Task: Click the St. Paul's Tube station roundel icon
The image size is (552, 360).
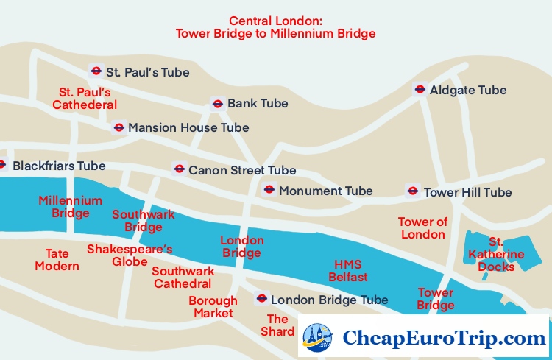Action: (96, 71)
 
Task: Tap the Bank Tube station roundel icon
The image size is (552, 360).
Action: (217, 103)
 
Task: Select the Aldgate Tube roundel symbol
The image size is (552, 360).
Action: (420, 90)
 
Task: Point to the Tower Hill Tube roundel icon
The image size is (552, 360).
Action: (413, 191)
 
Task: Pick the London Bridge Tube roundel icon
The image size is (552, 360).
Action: (261, 299)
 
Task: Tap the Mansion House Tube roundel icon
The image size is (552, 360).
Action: (118, 127)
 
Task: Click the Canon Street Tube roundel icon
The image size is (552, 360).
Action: (178, 169)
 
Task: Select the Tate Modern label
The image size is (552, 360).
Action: (57, 259)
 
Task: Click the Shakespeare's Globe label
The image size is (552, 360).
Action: (130, 255)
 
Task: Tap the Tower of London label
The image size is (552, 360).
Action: (422, 228)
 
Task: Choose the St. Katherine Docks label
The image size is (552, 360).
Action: (497, 254)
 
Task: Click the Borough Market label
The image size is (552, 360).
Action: (213, 306)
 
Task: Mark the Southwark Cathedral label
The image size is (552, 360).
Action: (183, 277)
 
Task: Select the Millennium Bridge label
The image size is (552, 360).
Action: (71, 207)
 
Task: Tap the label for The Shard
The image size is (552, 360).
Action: (277, 325)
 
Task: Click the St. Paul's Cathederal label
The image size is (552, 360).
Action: (85, 99)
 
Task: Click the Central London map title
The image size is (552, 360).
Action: (276, 27)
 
